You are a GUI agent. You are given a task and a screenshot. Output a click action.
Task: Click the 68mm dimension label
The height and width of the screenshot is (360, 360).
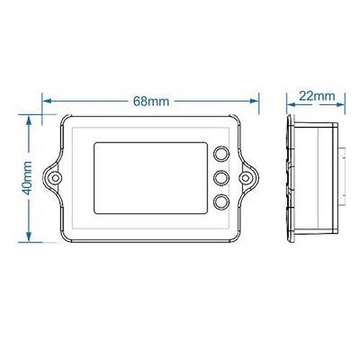click(x=151, y=102)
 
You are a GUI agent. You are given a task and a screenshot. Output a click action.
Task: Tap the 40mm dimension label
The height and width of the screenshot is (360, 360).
click(x=27, y=178)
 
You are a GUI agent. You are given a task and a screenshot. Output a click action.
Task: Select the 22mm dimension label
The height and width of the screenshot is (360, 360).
click(x=317, y=96)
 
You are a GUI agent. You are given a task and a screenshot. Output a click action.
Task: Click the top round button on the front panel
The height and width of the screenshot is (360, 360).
click(x=221, y=153)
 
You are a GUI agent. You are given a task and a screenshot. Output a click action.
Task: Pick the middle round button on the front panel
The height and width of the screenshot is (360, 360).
click(x=221, y=178)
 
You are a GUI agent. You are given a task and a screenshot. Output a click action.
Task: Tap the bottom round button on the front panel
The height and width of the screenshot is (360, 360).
click(x=221, y=202)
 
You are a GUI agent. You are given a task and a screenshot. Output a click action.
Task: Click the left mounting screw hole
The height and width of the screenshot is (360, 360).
click(x=55, y=178)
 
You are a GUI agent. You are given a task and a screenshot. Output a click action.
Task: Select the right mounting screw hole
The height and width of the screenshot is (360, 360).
click(x=246, y=178)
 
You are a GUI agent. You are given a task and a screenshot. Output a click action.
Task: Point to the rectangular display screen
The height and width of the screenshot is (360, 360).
click(x=150, y=178)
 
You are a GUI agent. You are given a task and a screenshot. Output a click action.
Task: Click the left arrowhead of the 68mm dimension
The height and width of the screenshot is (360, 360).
click(x=46, y=101)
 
